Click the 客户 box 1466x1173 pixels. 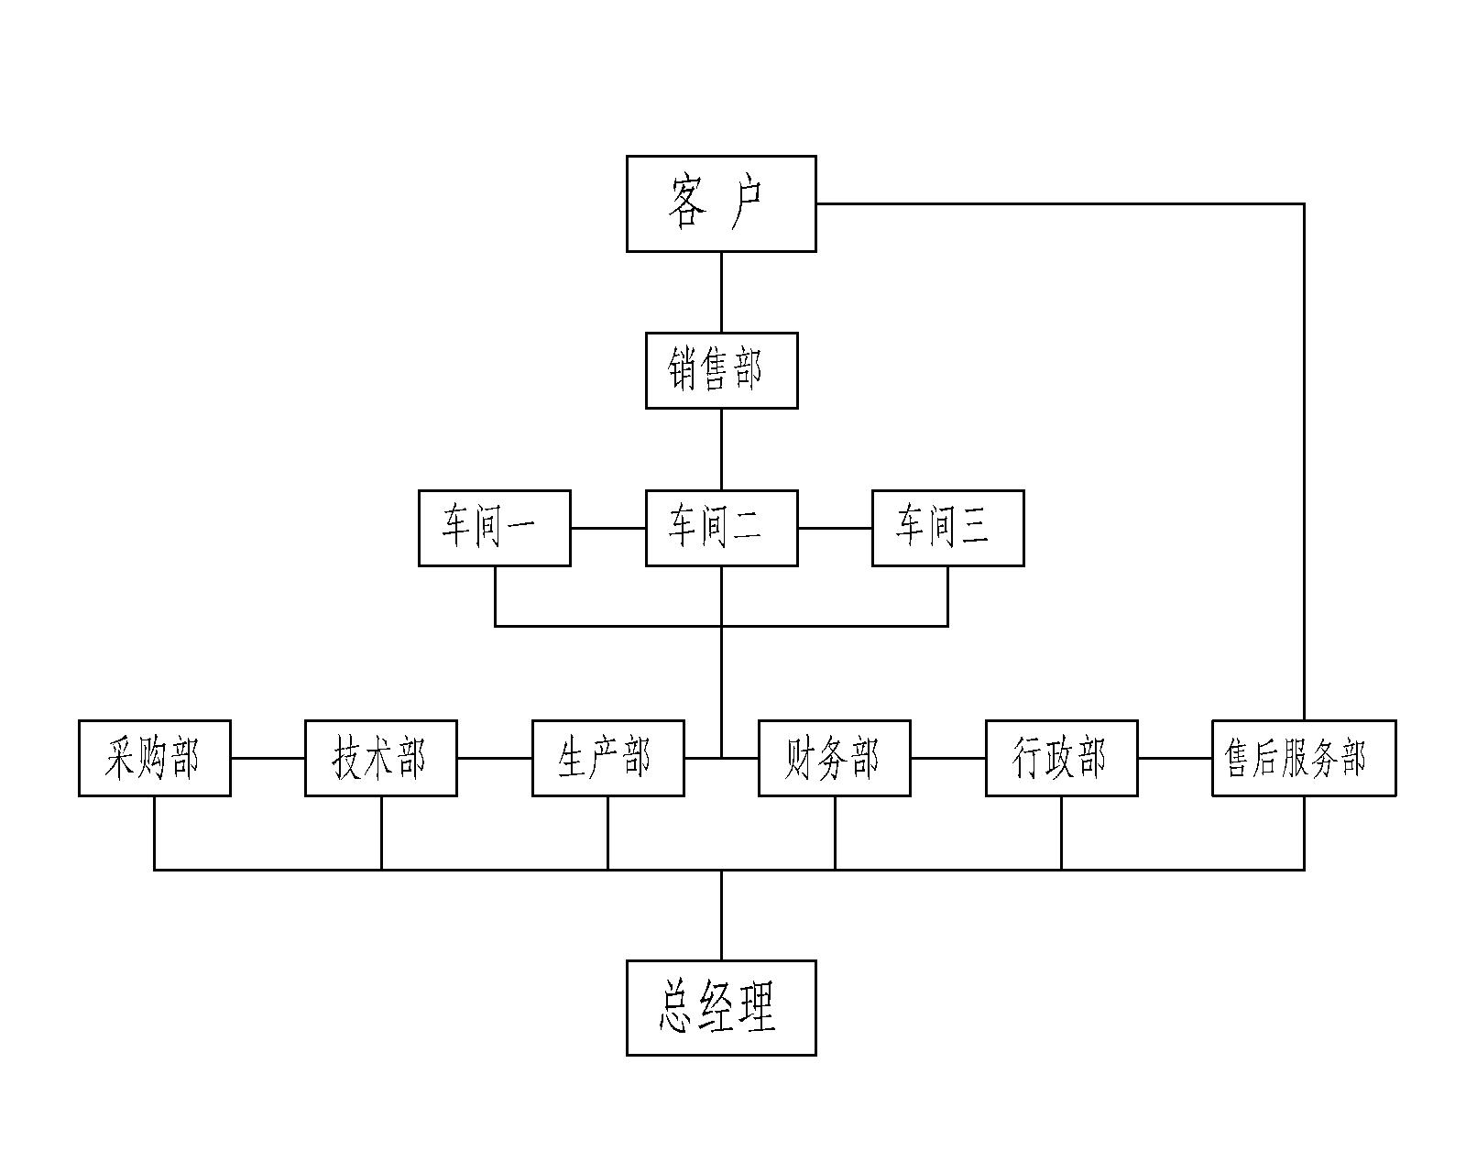pyautogui.click(x=721, y=203)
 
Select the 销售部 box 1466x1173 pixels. pyautogui.click(x=721, y=370)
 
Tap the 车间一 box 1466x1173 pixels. pyautogui.click(x=495, y=528)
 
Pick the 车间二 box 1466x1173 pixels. pyautogui.click(x=721, y=528)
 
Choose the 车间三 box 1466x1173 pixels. pyautogui.click(x=947, y=528)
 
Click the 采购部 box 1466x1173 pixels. pyautogui.click(x=154, y=758)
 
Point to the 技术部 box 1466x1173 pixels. pyautogui.click(x=381, y=758)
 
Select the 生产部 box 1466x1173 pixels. pyautogui.click(x=607, y=758)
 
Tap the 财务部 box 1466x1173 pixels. pyautogui.click(x=835, y=758)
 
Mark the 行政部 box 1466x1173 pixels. pyautogui.click(x=1061, y=758)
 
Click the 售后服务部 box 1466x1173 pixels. pyautogui.click(x=1304, y=758)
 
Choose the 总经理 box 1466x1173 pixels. pyautogui.click(x=721, y=1008)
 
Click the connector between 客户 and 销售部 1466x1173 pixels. pyautogui.click(x=721, y=291)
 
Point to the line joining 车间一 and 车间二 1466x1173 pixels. pyautogui.click(x=607, y=528)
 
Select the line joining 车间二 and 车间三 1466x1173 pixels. pyautogui.click(x=834, y=528)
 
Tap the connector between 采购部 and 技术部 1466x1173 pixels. pyautogui.click(x=268, y=758)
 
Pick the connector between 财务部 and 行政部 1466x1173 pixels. pyautogui.click(x=947, y=758)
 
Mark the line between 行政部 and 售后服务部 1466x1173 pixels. pyautogui.click(x=1175, y=758)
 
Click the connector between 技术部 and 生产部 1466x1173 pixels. pyautogui.click(x=494, y=758)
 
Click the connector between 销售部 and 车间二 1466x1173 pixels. pyautogui.click(x=721, y=449)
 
